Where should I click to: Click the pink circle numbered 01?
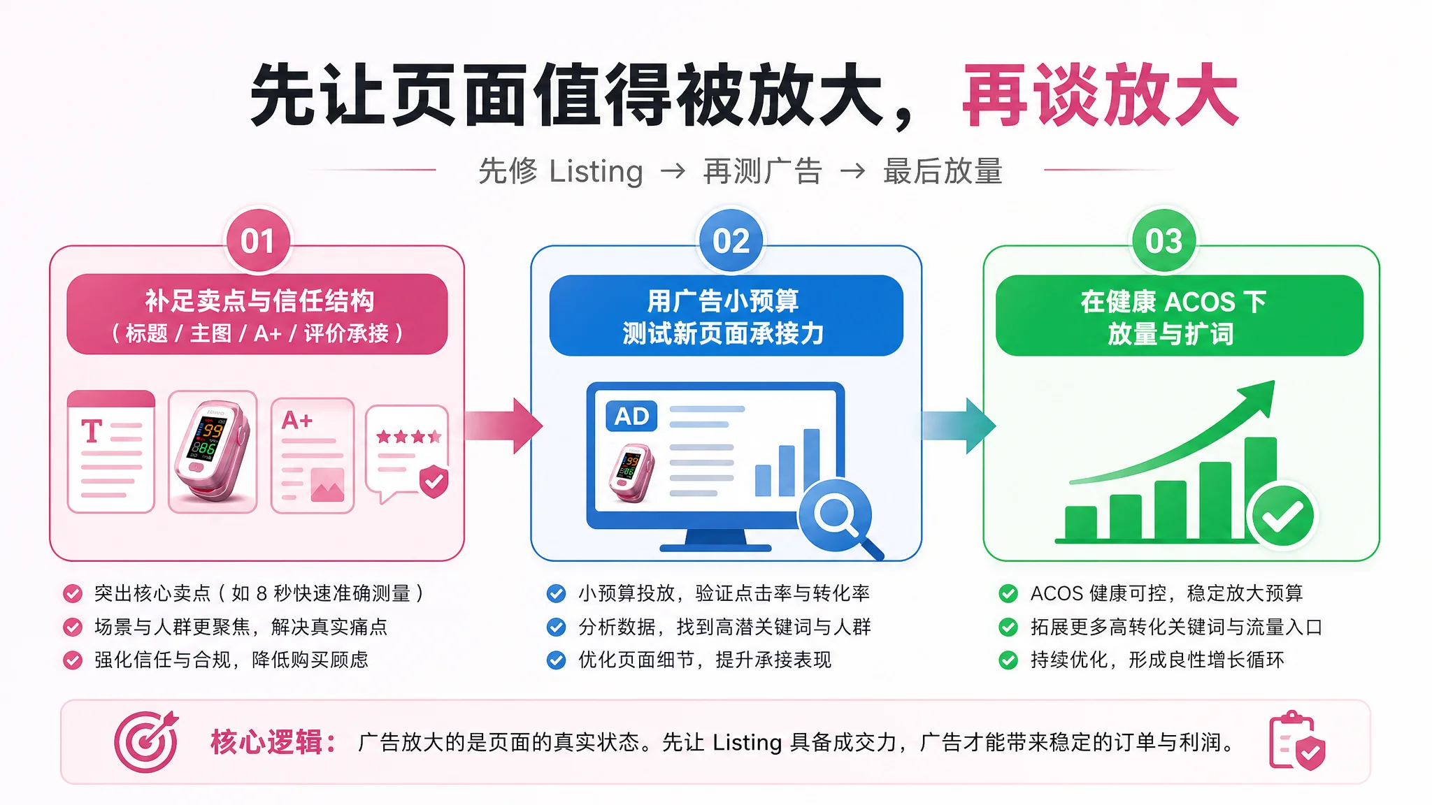(257, 241)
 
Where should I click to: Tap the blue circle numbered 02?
(731, 241)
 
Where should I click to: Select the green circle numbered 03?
(1163, 241)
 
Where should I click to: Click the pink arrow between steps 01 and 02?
(503, 425)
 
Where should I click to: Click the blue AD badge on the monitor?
(631, 416)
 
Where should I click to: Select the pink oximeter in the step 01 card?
(212, 451)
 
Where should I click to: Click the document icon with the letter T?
(111, 451)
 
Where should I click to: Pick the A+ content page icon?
(313, 456)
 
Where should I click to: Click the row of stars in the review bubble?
(408, 437)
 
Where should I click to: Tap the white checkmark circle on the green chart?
(1282, 516)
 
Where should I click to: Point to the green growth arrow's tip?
(1274, 382)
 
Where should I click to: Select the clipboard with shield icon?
(1297, 741)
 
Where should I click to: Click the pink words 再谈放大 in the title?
(1101, 95)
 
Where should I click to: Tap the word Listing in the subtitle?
(596, 172)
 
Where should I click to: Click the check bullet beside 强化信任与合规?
(73, 660)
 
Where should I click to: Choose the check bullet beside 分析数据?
(556, 627)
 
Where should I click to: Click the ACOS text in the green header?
(1200, 302)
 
